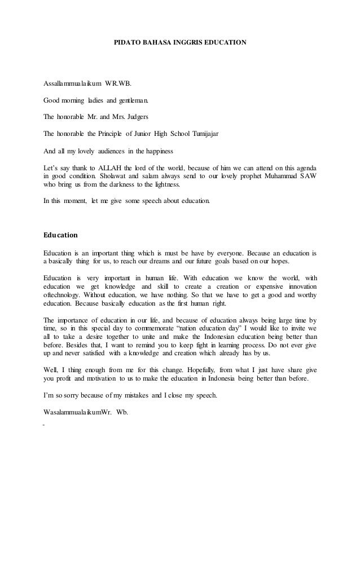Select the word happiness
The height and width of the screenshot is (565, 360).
[160, 151]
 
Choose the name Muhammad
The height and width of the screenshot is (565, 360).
[277, 175]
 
